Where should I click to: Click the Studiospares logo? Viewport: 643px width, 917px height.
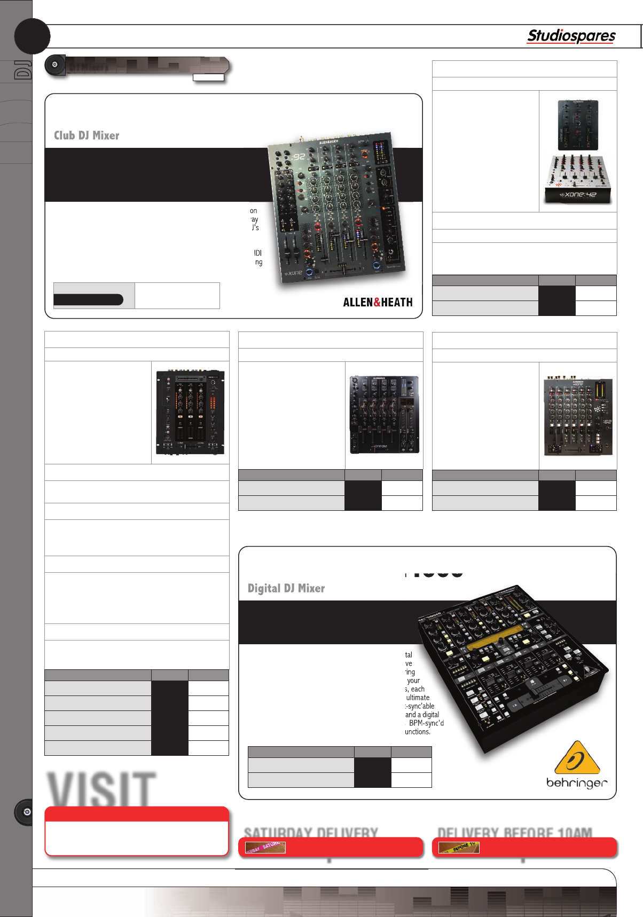571,36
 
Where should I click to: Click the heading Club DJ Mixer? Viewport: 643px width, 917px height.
87,136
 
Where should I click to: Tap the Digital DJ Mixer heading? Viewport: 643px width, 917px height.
286,588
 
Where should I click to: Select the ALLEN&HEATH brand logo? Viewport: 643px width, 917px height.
378,302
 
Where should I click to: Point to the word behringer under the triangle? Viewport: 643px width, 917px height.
577,783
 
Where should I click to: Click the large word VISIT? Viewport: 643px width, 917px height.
101,789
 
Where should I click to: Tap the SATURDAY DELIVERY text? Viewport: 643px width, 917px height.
311,833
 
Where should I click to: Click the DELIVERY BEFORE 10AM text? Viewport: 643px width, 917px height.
515,833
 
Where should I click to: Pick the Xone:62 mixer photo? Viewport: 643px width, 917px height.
578,417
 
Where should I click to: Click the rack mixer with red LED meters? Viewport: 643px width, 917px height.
190,412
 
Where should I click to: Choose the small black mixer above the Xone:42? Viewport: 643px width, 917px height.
578,125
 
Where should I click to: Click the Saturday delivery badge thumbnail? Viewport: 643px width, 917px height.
265,847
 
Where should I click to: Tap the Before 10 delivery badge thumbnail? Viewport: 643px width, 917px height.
459,847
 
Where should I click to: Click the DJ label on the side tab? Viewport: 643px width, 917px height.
23,70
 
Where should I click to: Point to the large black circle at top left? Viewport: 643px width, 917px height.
32,36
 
